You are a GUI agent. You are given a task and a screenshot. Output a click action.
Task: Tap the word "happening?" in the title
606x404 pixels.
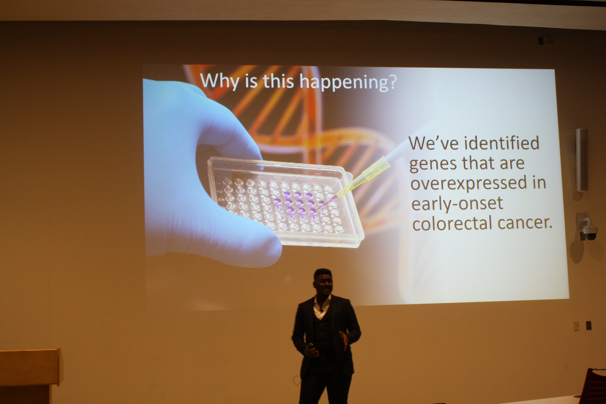(x=348, y=82)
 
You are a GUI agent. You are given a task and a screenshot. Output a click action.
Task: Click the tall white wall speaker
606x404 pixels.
(x=582, y=160)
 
